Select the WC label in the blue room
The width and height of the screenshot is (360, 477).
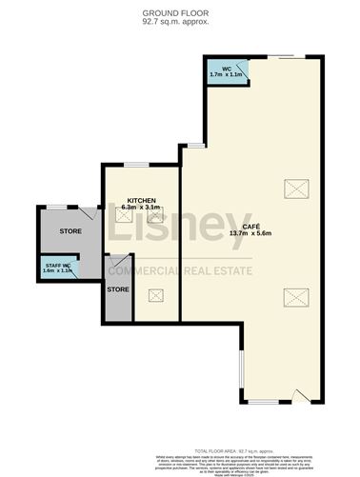click(227, 69)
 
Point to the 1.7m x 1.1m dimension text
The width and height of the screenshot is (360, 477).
click(227, 74)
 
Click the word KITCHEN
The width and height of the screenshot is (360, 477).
click(142, 201)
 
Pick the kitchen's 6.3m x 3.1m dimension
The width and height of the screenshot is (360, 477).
click(142, 208)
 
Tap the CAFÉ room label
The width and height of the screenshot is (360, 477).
click(252, 226)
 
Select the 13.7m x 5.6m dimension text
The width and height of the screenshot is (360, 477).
click(252, 233)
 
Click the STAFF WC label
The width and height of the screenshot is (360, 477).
click(59, 265)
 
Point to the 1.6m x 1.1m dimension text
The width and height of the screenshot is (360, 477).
click(59, 271)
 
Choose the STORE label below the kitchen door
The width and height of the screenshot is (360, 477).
click(118, 288)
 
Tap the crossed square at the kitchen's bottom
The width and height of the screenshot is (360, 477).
click(155, 295)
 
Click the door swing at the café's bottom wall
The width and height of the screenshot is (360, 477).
click(301, 394)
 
